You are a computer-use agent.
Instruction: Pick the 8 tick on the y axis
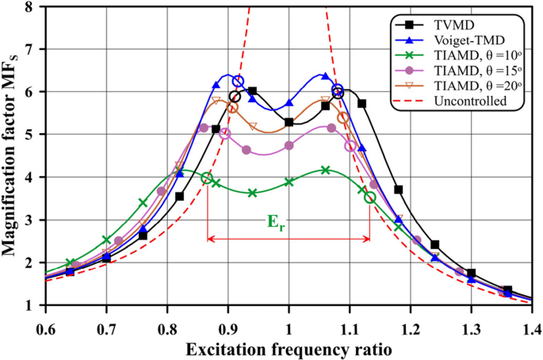pyautogui.click(x=32, y=7)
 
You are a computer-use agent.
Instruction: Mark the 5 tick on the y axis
pyautogui.click(x=32, y=135)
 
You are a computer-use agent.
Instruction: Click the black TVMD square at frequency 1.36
pyautogui.click(x=507, y=290)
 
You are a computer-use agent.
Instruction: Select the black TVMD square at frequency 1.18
pyautogui.click(x=398, y=190)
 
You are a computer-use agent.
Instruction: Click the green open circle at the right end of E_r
pyautogui.click(x=369, y=197)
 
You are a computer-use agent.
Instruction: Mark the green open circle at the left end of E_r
pyautogui.click(x=207, y=178)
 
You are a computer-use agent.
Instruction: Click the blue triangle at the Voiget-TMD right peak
pyautogui.click(x=325, y=76)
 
